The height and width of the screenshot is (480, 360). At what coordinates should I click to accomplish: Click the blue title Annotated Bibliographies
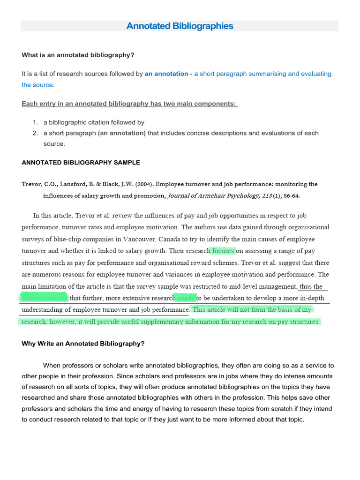point(180,26)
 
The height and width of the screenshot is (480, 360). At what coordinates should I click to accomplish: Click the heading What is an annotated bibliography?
point(78,55)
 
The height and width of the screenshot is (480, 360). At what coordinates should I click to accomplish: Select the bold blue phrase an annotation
point(166,74)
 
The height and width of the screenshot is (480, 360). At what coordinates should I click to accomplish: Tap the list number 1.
point(35,122)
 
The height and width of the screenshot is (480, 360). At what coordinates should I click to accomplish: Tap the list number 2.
point(35,133)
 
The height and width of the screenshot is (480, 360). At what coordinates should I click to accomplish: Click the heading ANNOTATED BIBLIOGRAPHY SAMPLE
point(81,163)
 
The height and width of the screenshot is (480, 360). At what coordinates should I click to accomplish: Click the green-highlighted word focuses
point(223,251)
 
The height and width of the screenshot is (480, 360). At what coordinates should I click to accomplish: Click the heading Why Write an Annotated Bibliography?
point(83,343)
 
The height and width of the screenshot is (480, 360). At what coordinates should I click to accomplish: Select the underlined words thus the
point(311,286)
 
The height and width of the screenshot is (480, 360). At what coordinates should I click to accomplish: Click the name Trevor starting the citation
point(32,184)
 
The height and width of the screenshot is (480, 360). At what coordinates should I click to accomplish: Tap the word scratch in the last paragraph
point(272,409)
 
